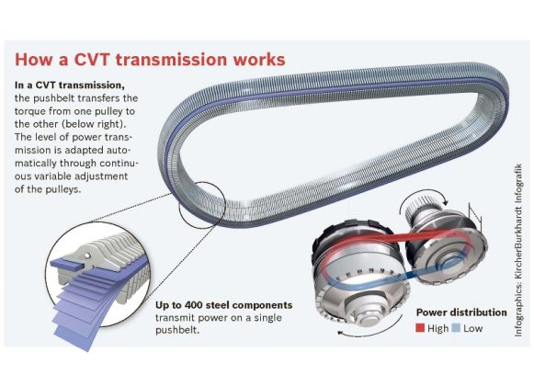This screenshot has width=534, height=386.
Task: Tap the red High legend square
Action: pos(420,328)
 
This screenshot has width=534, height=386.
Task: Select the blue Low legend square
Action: pos(456,328)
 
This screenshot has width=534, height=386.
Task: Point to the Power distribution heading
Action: pos(461,312)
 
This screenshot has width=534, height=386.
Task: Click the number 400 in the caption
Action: pos(193,305)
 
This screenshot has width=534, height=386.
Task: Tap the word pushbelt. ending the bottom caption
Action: pos(177,331)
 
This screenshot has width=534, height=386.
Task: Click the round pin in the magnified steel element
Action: pos(88,255)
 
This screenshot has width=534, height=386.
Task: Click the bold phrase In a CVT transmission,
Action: pos(70,85)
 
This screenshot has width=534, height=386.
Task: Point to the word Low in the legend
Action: pos(472,328)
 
